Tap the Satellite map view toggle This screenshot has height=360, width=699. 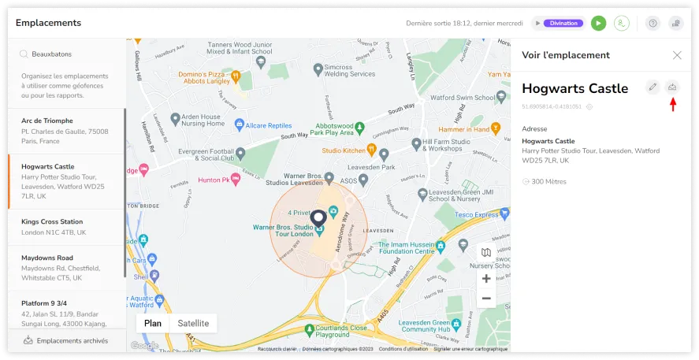193,323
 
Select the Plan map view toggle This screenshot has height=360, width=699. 153,323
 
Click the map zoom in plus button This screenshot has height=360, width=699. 486,279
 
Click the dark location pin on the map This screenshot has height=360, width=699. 318,217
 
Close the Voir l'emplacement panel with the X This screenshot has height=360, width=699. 677,55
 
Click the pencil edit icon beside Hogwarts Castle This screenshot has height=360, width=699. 653,87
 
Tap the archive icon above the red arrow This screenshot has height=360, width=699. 672,87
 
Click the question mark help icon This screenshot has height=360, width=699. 653,24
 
